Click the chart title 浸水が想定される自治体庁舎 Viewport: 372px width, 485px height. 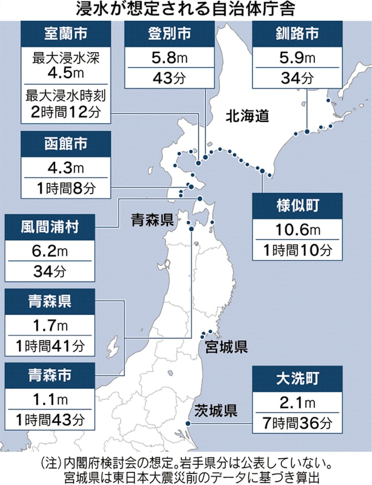186,10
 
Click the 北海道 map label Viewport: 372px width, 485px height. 247,116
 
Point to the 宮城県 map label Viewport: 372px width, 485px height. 227,348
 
